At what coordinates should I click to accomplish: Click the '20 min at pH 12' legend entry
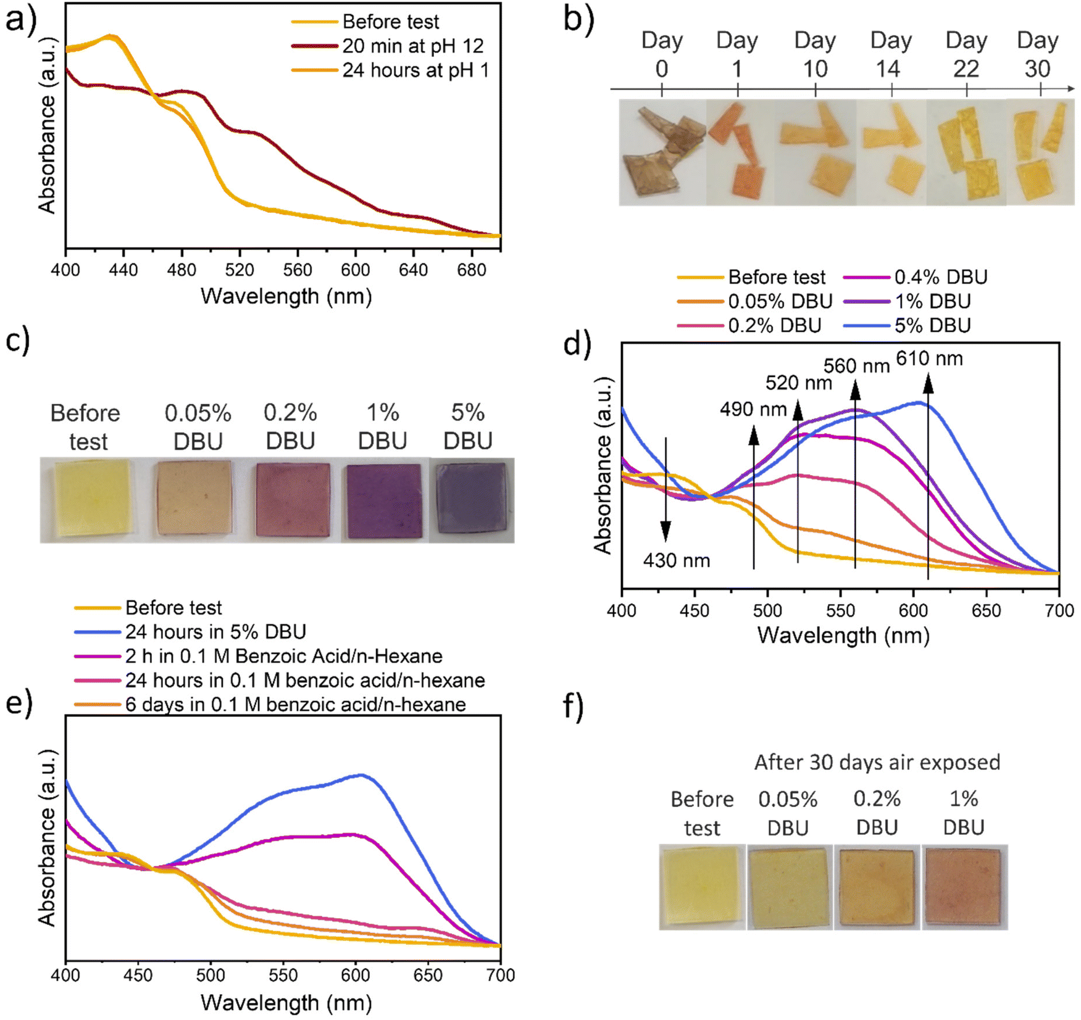[x=412, y=46]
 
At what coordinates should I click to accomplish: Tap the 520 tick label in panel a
[x=240, y=270]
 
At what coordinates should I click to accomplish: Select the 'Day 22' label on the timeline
[x=966, y=54]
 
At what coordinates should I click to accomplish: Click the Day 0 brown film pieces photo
[x=662, y=152]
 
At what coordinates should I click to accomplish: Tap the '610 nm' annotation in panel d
[x=929, y=359]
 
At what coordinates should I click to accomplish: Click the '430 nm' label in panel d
[x=677, y=560]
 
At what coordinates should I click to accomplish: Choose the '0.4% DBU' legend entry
[x=940, y=277]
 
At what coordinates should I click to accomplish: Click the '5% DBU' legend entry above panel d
[x=932, y=325]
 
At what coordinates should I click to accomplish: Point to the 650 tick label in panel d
[x=986, y=610]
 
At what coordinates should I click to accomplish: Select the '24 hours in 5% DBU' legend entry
[x=215, y=632]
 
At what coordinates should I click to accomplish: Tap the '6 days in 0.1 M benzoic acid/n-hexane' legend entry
[x=295, y=705]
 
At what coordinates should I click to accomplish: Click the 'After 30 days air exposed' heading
[x=877, y=762]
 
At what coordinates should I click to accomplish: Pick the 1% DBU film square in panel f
[x=964, y=887]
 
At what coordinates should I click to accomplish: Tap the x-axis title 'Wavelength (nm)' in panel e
[x=286, y=1002]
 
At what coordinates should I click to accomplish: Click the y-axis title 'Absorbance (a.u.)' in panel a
[x=47, y=125]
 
